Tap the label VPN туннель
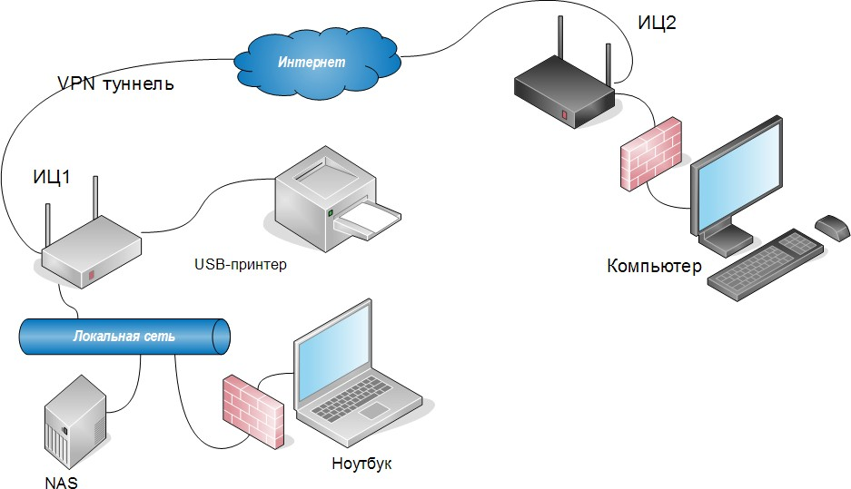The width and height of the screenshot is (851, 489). (114, 84)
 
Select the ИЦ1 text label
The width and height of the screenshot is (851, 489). (52, 178)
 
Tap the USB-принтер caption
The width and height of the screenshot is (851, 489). (240, 266)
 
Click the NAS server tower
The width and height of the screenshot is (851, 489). (75, 421)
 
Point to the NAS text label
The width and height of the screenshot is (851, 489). (61, 482)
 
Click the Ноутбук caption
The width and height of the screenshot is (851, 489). (361, 465)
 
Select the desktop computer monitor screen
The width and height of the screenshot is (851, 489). (737, 178)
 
